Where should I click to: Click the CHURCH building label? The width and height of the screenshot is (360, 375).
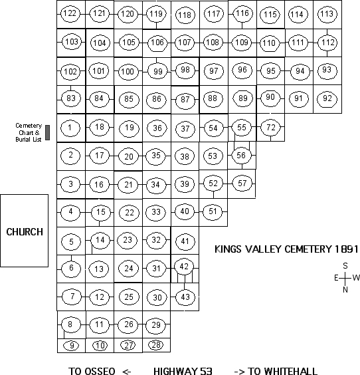[25, 232]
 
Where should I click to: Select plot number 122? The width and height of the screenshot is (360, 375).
[70, 13]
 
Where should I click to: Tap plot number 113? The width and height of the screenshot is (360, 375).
[327, 14]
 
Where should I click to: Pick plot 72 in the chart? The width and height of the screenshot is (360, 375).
[270, 127]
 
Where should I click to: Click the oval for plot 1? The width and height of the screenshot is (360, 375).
[70, 128]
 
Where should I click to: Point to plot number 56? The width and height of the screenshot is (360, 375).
[241, 156]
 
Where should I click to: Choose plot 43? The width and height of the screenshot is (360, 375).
[185, 297]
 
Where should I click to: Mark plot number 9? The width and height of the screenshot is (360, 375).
[72, 345]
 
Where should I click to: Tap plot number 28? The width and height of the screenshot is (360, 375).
[156, 344]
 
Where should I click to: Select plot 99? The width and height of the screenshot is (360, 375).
[157, 71]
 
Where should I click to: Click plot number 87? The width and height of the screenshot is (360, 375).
[185, 100]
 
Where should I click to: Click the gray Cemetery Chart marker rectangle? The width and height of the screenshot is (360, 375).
[48, 132]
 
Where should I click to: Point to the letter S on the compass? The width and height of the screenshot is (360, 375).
[345, 266]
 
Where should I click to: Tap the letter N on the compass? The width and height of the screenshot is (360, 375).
[345, 290]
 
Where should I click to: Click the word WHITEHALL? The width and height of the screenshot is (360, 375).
[290, 371]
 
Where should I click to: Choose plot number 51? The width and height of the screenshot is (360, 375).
[213, 211]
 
